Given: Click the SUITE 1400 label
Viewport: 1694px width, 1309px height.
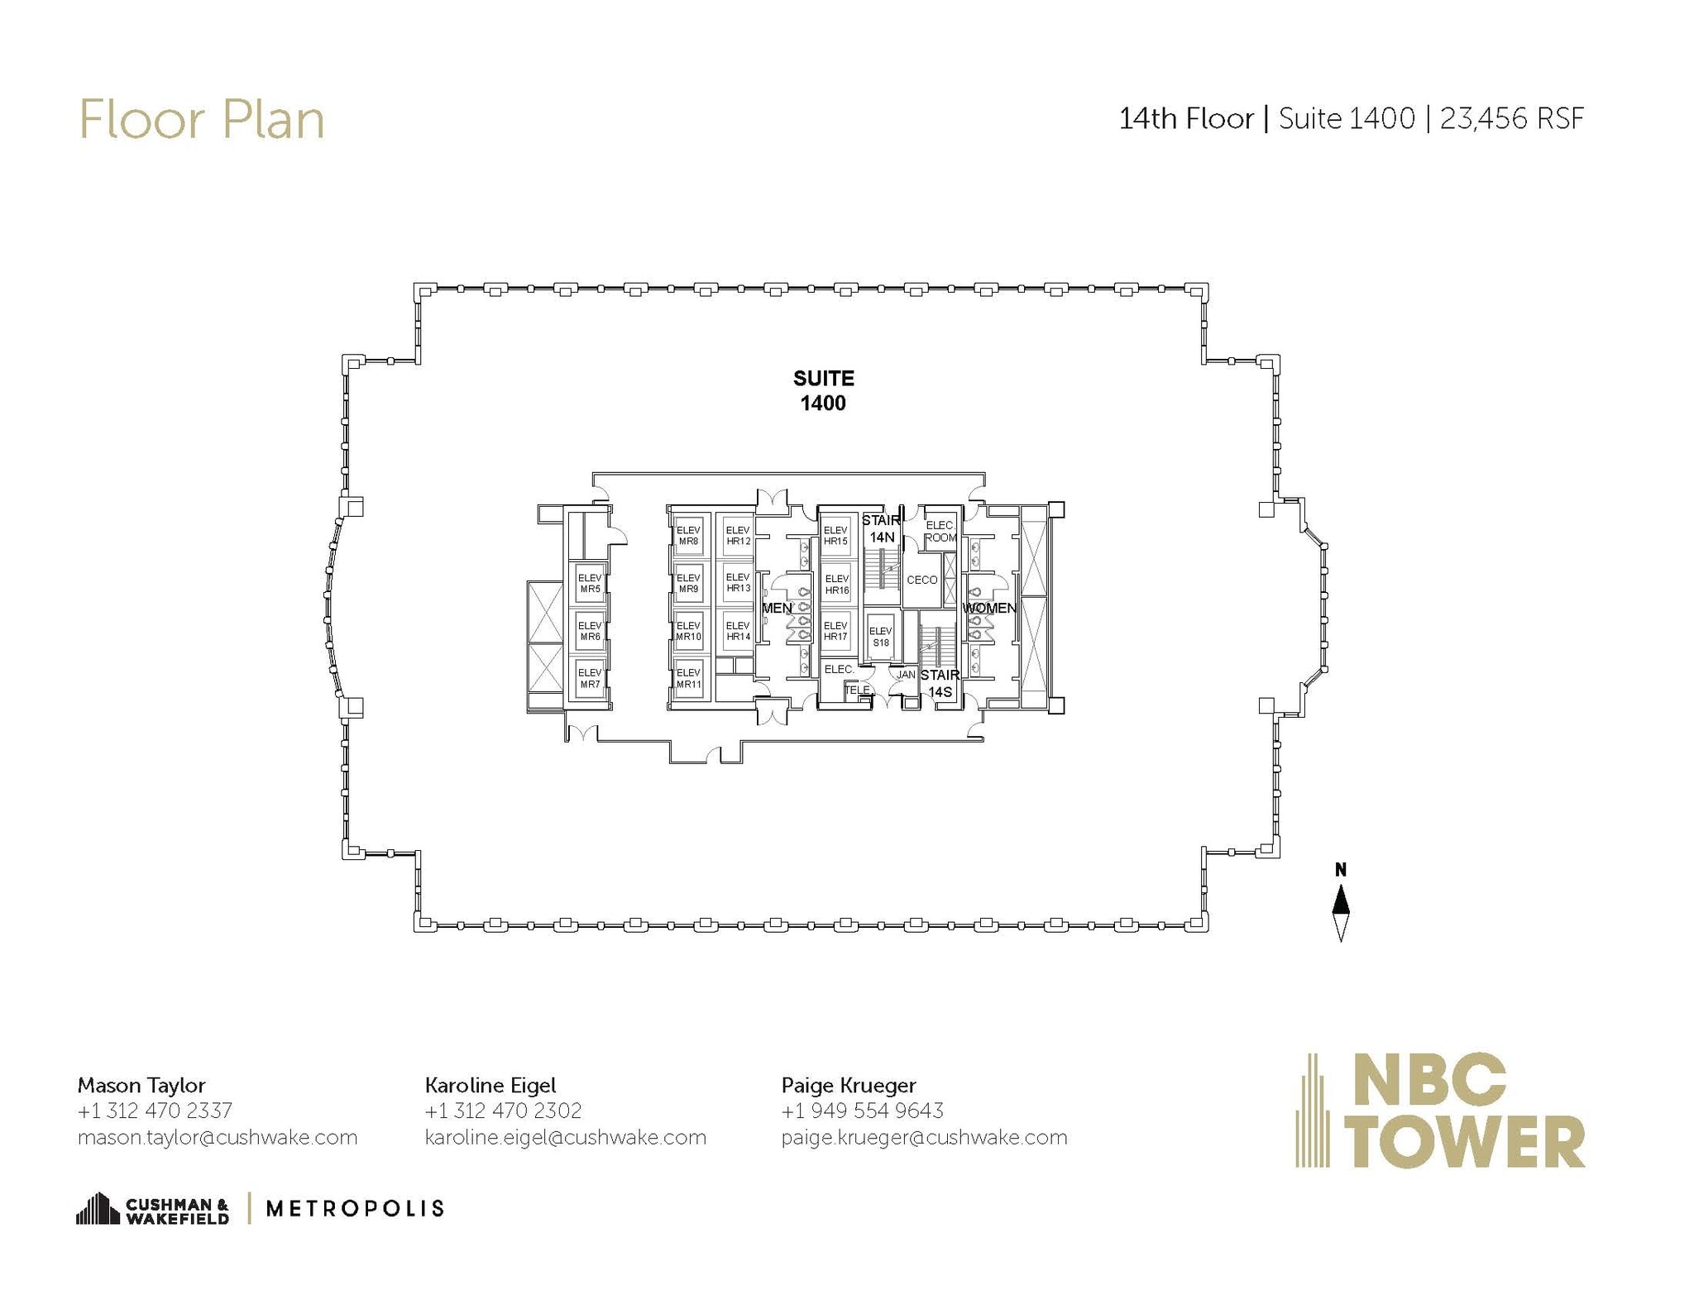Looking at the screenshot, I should [823, 390].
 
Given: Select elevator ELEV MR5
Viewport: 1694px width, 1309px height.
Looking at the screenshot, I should [590, 584].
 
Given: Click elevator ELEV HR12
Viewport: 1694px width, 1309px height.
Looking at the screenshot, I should [738, 536].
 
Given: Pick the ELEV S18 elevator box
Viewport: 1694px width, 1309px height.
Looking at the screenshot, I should [880, 637].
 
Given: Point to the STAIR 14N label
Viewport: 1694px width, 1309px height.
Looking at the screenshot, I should [881, 528].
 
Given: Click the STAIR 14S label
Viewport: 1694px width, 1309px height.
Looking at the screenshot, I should [940, 683].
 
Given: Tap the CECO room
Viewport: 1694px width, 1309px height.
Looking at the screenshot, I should [921, 580].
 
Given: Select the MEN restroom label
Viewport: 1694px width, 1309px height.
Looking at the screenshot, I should [776, 608].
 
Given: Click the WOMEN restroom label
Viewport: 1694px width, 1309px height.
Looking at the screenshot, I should [989, 608].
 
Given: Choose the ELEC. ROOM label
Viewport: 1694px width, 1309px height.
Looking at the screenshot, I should [940, 531].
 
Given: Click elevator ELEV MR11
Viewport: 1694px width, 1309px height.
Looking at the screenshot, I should [688, 679].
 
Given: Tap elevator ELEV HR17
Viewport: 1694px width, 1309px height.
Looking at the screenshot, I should [835, 631].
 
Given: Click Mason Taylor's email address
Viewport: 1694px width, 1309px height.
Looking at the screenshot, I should [218, 1137].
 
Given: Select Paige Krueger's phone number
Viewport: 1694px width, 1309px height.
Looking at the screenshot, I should [862, 1111].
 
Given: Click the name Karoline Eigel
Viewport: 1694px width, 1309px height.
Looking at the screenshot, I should [490, 1085].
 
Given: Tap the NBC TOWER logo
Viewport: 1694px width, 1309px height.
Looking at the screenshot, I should [1440, 1110].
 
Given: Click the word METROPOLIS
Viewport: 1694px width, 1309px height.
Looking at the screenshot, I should [355, 1209].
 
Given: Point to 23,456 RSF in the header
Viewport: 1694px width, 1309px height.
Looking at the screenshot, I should [1511, 119].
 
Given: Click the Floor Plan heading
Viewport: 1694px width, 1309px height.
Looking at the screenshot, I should [201, 120].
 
